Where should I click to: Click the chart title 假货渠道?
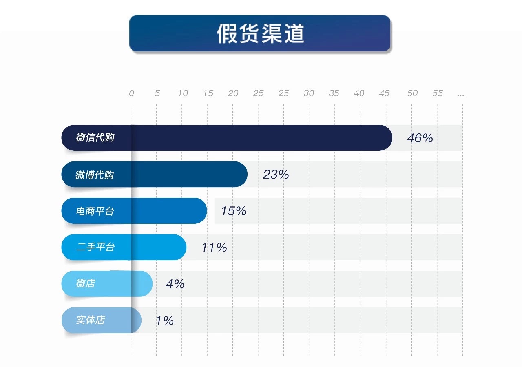pos(260,33)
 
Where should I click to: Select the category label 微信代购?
pos(95,138)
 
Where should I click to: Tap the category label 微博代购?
pos(95,175)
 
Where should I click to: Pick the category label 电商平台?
pos(95,211)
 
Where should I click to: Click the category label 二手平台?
pos(95,247)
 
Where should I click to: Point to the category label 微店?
pos(86,283)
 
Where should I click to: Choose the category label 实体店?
pos(91,320)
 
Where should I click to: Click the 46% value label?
pos(420,138)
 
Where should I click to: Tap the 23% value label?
pos(276,175)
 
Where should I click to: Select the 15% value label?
pos(233,211)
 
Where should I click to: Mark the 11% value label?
pos(214,247)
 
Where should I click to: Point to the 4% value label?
pos(175,284)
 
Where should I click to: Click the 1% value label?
pos(165,321)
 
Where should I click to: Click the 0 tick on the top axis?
pos(131,93)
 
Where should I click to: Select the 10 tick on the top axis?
pos(183,93)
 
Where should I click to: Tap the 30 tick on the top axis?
pos(309,93)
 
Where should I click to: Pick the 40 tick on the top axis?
pos(359,93)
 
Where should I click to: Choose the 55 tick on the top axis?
pos(437,93)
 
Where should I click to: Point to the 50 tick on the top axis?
pos(412,93)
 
